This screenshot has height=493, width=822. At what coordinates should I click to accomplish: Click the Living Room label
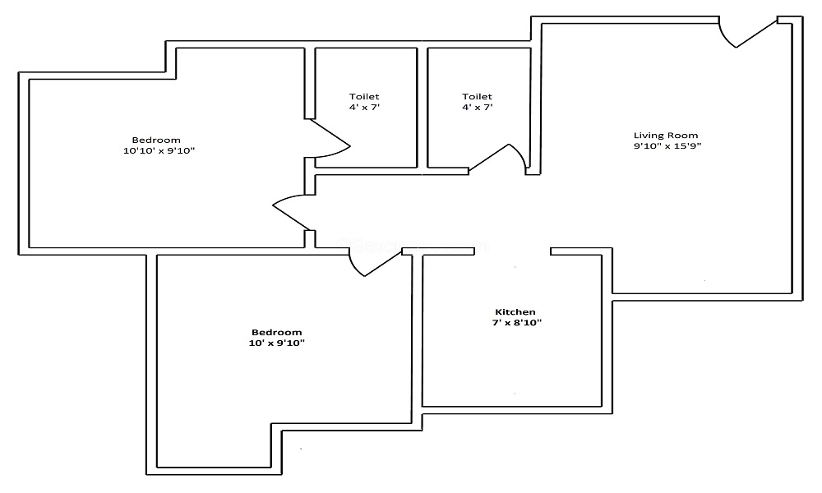click(x=666, y=136)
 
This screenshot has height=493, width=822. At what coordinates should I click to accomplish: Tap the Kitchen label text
click(x=515, y=311)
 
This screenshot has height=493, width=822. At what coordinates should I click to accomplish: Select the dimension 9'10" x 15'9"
click(x=667, y=146)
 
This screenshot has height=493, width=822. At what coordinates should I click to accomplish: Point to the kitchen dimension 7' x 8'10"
click(x=516, y=323)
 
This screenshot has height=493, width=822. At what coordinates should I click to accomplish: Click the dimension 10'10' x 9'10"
click(x=159, y=151)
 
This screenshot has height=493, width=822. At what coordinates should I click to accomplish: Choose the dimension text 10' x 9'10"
click(x=277, y=343)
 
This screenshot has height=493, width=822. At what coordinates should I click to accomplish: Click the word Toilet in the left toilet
click(x=364, y=96)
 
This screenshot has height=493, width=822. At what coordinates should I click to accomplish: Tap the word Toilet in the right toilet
click(x=477, y=96)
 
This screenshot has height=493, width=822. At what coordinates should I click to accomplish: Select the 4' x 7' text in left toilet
click(x=364, y=108)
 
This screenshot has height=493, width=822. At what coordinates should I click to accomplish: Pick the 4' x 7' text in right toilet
click(x=477, y=108)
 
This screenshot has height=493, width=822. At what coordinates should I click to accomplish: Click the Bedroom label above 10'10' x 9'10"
click(x=156, y=140)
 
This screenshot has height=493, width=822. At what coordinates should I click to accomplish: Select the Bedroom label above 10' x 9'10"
click(x=277, y=332)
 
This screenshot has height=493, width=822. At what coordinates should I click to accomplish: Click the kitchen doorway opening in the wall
click(x=513, y=251)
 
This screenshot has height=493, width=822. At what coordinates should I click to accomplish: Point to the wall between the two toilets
click(x=423, y=108)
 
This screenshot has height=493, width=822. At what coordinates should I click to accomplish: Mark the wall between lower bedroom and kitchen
click(x=418, y=339)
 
